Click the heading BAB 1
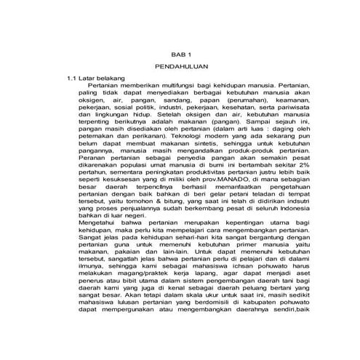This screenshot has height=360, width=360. click(180, 55)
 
